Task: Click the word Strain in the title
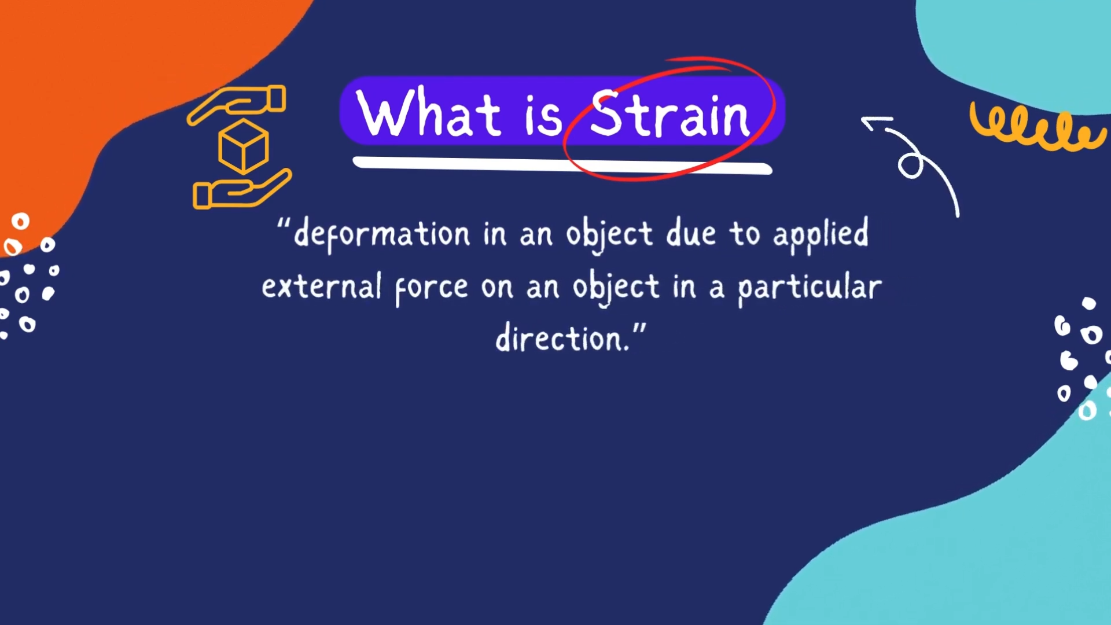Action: click(x=669, y=115)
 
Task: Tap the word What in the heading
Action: click(x=429, y=113)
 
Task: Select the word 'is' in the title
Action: click(x=543, y=116)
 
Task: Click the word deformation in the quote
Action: click(x=382, y=234)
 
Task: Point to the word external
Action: click(x=321, y=286)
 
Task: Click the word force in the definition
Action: click(x=431, y=288)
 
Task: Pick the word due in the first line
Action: click(x=690, y=234)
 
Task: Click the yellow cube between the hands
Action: click(x=243, y=147)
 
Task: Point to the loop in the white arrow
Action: click(x=911, y=166)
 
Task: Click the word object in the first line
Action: click(x=609, y=234)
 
